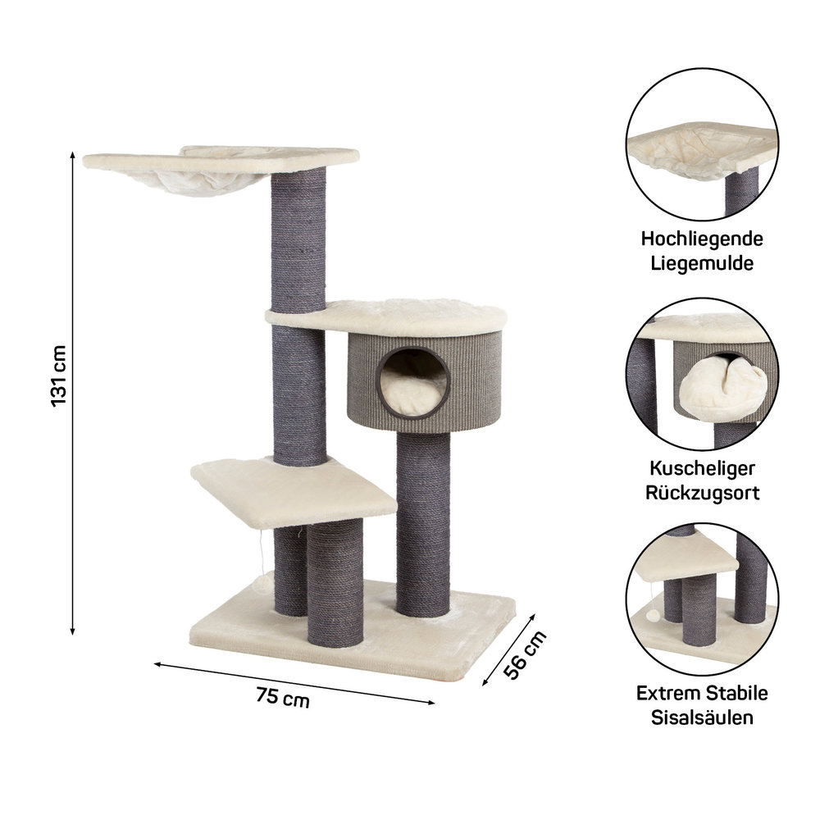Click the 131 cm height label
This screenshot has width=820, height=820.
(58, 376)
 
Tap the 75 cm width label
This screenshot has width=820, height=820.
(282, 697)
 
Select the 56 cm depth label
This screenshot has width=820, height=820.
(525, 654)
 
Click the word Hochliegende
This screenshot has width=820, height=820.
(702, 239)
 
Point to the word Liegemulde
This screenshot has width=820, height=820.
(702, 262)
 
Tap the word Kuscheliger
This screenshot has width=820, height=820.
(702, 468)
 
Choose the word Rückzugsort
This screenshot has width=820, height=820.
(702, 492)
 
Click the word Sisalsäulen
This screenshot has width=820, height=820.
(702, 717)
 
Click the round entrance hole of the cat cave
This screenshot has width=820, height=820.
(413, 383)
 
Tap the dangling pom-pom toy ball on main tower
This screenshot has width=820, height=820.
(262, 582)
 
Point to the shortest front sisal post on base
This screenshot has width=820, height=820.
(335, 583)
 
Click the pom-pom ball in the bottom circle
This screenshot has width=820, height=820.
(653, 615)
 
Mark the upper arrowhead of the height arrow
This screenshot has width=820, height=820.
(72, 155)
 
